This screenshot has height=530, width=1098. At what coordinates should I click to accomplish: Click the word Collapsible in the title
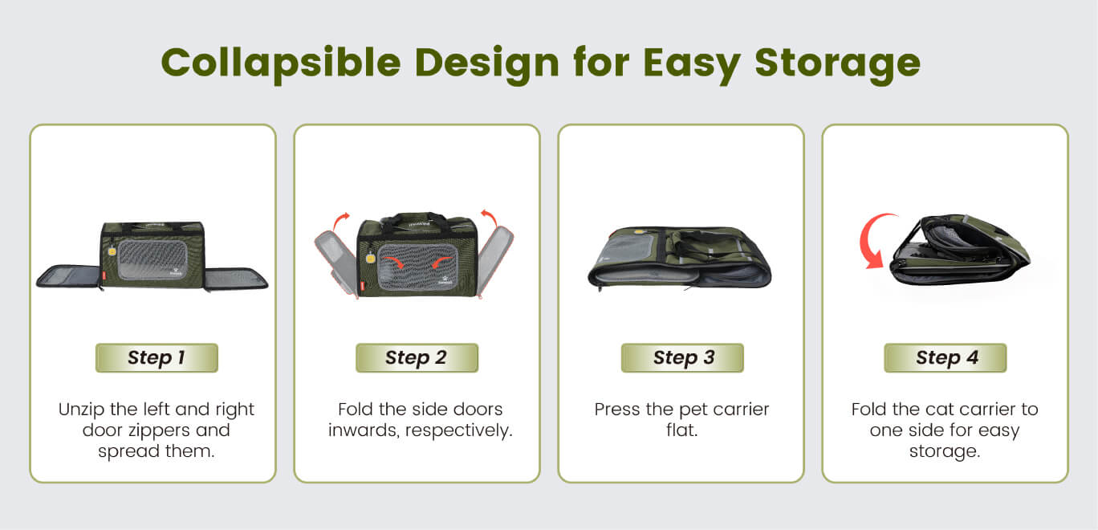coord(281,63)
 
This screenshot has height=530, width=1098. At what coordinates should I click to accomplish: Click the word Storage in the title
coord(837,63)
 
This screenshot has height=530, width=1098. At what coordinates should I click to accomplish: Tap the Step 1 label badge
coord(157,358)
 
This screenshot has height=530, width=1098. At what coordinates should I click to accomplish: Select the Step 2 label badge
coord(417,358)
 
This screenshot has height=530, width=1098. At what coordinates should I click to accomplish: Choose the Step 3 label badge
coord(682,358)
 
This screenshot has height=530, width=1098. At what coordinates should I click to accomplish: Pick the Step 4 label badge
coord(945,358)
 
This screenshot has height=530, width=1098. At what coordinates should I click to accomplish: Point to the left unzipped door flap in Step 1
coord(69,276)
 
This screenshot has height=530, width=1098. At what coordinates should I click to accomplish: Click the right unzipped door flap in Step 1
coord(236,279)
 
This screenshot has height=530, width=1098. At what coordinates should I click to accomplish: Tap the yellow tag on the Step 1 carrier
coord(112,251)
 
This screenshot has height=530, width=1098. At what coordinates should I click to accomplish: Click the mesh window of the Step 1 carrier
coord(152,259)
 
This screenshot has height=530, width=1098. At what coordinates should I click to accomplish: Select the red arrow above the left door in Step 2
coord(341,221)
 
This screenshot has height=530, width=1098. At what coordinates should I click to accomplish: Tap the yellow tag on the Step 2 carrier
coord(371,258)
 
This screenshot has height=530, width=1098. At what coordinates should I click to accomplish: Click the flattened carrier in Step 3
coord(679,258)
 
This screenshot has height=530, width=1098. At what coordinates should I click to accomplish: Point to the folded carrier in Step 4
coord(961,249)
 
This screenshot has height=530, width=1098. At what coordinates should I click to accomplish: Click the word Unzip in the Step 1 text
coord(82,410)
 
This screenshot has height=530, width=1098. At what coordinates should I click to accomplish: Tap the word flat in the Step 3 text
coord(681,430)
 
